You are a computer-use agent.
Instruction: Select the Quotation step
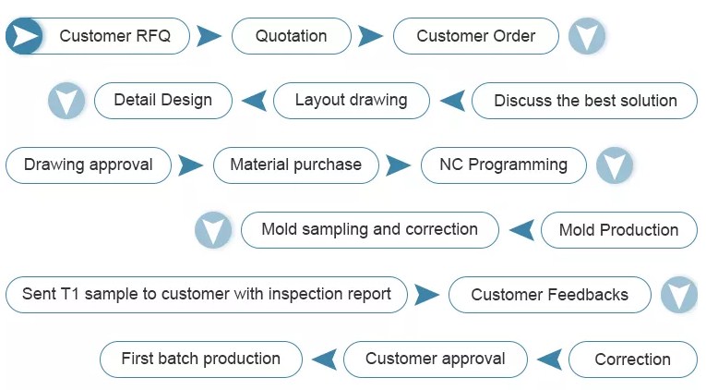292,36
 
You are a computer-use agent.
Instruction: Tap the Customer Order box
476,36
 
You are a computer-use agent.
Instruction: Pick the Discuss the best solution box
584,101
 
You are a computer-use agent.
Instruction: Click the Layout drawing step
352,101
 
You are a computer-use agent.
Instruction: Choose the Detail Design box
163,101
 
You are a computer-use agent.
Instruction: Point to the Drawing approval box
89,165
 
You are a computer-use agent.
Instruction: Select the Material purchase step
296,165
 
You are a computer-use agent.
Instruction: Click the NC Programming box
503,165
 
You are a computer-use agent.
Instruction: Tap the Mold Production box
619,230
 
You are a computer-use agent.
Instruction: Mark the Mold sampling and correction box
370,230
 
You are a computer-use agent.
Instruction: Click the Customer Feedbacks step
550,295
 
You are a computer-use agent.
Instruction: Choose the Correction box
633,360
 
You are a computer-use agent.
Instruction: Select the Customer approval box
435,360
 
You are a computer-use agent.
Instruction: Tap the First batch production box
201,360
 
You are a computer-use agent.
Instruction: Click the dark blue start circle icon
24,36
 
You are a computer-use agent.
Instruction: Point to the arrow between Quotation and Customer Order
371,36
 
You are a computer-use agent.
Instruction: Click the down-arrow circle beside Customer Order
587,36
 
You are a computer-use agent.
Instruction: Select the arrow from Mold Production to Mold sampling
521,230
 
